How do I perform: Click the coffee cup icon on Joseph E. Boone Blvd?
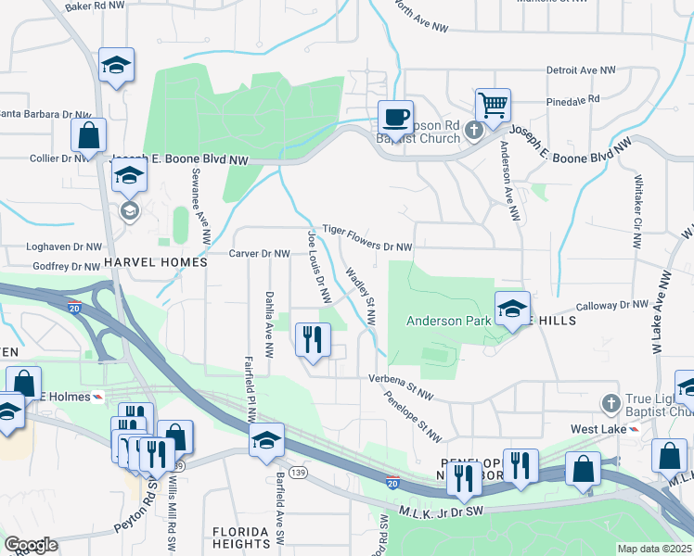pos(395,118)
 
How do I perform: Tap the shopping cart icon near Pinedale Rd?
pos(492,104)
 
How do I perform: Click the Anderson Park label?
pos(446,321)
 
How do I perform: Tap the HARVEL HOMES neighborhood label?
pos(156,263)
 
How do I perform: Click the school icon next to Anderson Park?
pos(511,310)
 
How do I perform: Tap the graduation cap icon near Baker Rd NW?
pos(117,65)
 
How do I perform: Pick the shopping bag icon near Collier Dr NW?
pos(88,135)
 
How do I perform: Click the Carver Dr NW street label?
pos(261,253)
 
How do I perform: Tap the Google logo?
pos(31,544)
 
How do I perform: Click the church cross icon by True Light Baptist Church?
pos(610,404)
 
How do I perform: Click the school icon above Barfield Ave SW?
pos(266,439)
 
